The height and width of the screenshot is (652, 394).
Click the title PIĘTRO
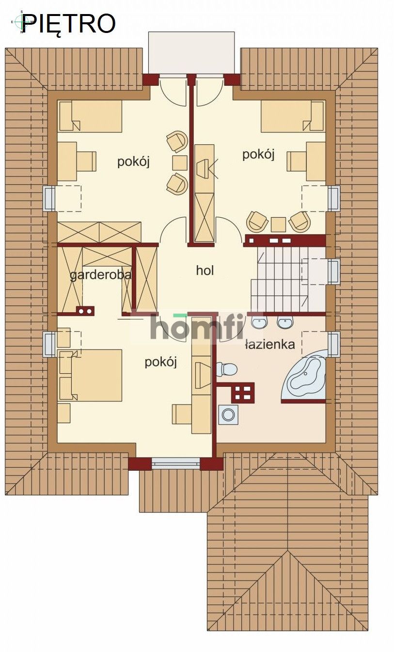click(69, 23)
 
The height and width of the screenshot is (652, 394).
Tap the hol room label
click(205, 270)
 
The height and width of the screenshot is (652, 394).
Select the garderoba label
click(101, 275)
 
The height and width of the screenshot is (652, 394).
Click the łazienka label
click(270, 345)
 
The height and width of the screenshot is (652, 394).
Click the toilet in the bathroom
click(226, 369)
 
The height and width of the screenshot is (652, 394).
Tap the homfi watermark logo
click(196, 327)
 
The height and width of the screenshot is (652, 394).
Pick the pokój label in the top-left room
click(133, 161)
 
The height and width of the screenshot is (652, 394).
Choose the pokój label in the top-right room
click(258, 154)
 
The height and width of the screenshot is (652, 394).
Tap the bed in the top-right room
click(292, 116)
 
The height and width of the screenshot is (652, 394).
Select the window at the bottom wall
click(176, 463)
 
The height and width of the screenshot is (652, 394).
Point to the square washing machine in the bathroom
click(228, 414)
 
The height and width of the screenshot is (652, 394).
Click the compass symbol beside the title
click(20, 21)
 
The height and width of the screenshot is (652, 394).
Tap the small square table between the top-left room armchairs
click(179, 162)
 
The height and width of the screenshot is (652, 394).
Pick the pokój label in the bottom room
click(160, 362)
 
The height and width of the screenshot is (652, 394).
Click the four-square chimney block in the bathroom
click(243, 392)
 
